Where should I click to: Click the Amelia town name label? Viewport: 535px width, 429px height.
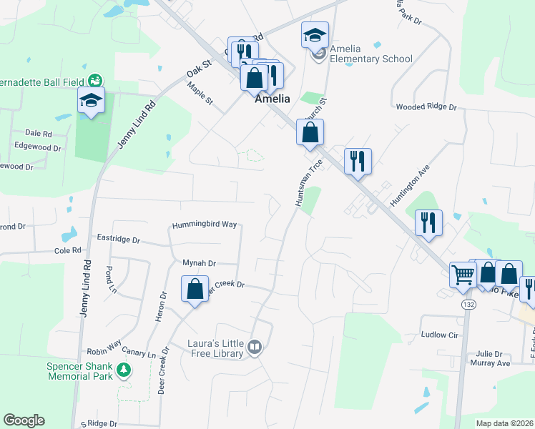[x=273, y=100]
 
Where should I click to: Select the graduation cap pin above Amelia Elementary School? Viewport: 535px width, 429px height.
[x=315, y=36]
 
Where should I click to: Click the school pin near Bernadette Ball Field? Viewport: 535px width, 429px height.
[x=92, y=101]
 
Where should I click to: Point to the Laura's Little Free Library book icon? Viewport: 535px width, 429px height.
[x=255, y=348]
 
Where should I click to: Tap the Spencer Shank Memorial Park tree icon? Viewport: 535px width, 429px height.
[x=125, y=369]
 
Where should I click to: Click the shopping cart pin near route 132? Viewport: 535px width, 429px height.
[x=463, y=274]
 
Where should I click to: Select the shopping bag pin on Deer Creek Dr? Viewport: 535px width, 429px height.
[x=195, y=290]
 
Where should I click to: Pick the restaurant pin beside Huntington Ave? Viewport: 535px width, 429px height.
[x=428, y=222]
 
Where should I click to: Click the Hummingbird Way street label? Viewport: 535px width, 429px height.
[x=203, y=224]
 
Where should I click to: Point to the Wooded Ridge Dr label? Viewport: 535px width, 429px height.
[x=426, y=107]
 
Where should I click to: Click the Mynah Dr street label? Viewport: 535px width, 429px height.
[x=199, y=263]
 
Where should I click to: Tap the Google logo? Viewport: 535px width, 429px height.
[x=24, y=420]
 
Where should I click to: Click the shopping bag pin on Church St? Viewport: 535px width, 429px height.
[x=310, y=133]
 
